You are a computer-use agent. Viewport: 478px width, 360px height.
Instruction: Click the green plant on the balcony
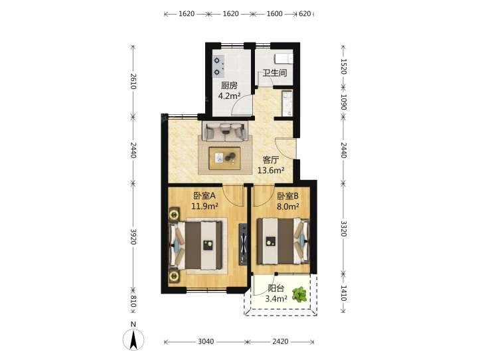pos(299,294)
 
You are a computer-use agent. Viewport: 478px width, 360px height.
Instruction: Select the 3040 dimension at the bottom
pos(206,341)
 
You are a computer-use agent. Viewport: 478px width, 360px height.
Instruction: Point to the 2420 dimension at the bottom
pos(280,341)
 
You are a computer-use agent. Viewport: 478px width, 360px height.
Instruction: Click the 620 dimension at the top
pos(305,14)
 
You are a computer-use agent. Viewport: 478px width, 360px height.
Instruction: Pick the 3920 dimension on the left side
pos(133,236)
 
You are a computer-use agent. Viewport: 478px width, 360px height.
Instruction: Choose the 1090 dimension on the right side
pos(344,102)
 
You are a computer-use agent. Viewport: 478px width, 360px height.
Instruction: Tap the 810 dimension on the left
pos(133,302)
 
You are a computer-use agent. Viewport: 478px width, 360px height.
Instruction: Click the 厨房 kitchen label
pos(229,86)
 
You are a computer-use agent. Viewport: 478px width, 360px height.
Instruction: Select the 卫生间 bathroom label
pos(275,73)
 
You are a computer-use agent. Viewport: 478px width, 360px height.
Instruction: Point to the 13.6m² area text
pos(271,170)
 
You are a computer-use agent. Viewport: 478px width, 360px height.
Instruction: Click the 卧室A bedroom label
pos(204,195)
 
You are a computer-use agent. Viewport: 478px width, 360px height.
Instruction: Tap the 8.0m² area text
pos(287,207)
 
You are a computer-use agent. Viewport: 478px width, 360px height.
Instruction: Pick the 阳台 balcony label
pos(276,288)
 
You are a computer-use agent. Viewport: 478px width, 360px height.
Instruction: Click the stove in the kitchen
pos(218,66)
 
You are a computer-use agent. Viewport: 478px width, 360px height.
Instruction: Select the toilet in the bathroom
pos(283,58)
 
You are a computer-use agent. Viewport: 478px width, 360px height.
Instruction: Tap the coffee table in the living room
pos(224,158)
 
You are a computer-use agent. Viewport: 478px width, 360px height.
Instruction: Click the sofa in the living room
pos(225,132)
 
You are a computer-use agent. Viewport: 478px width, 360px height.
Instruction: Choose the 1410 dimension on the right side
pos(344,293)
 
